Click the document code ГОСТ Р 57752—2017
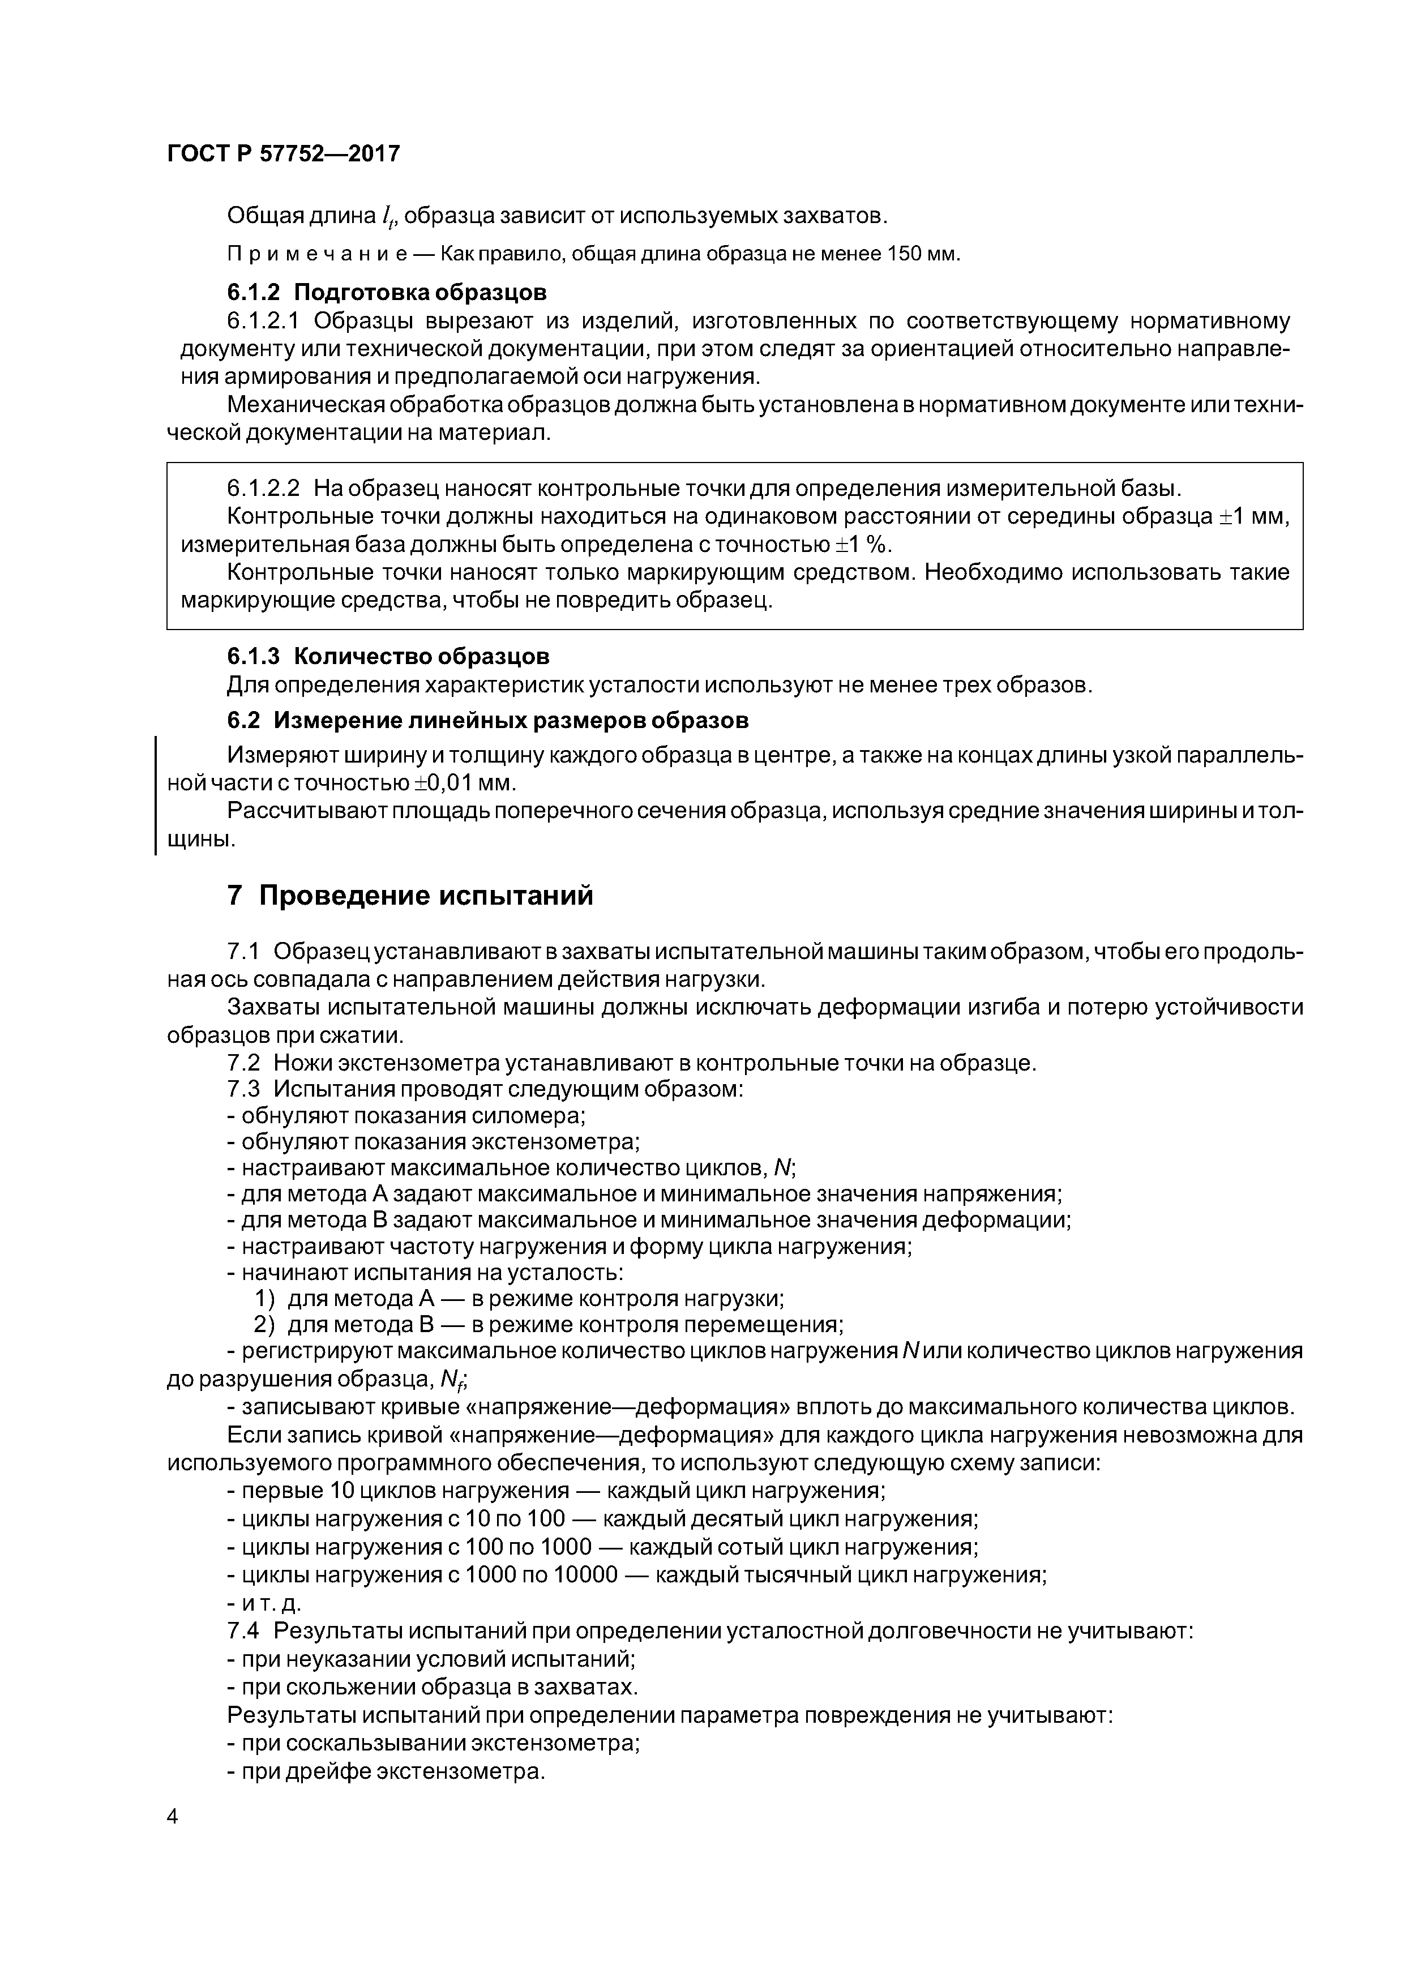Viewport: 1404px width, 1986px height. click(283, 154)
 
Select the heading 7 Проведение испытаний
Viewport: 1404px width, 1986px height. click(409, 895)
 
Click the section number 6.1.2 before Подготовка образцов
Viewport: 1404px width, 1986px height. click(254, 292)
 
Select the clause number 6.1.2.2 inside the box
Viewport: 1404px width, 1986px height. click(263, 488)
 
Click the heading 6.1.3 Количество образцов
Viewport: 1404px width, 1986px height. click(388, 657)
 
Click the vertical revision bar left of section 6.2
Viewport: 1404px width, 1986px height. click(156, 795)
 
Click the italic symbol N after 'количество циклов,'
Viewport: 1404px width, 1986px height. click(783, 1169)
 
